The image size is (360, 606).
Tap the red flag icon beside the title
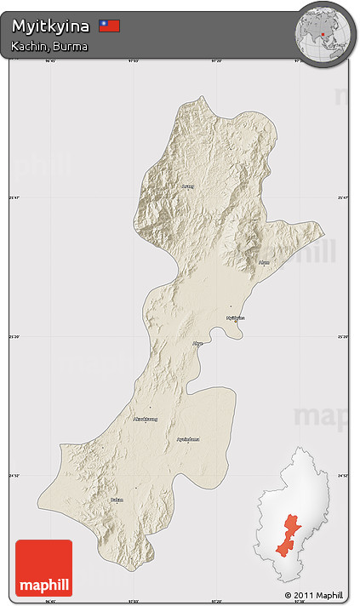click(109, 26)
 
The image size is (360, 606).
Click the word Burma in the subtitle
click(71, 45)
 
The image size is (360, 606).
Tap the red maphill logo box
click(43, 567)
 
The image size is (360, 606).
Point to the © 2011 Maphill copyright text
click(314, 595)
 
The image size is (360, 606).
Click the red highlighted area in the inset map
click(289, 533)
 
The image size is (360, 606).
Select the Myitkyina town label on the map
click(235, 318)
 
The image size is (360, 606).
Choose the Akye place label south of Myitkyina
click(198, 344)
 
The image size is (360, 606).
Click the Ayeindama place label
click(188, 439)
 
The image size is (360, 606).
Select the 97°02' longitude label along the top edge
click(133, 60)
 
